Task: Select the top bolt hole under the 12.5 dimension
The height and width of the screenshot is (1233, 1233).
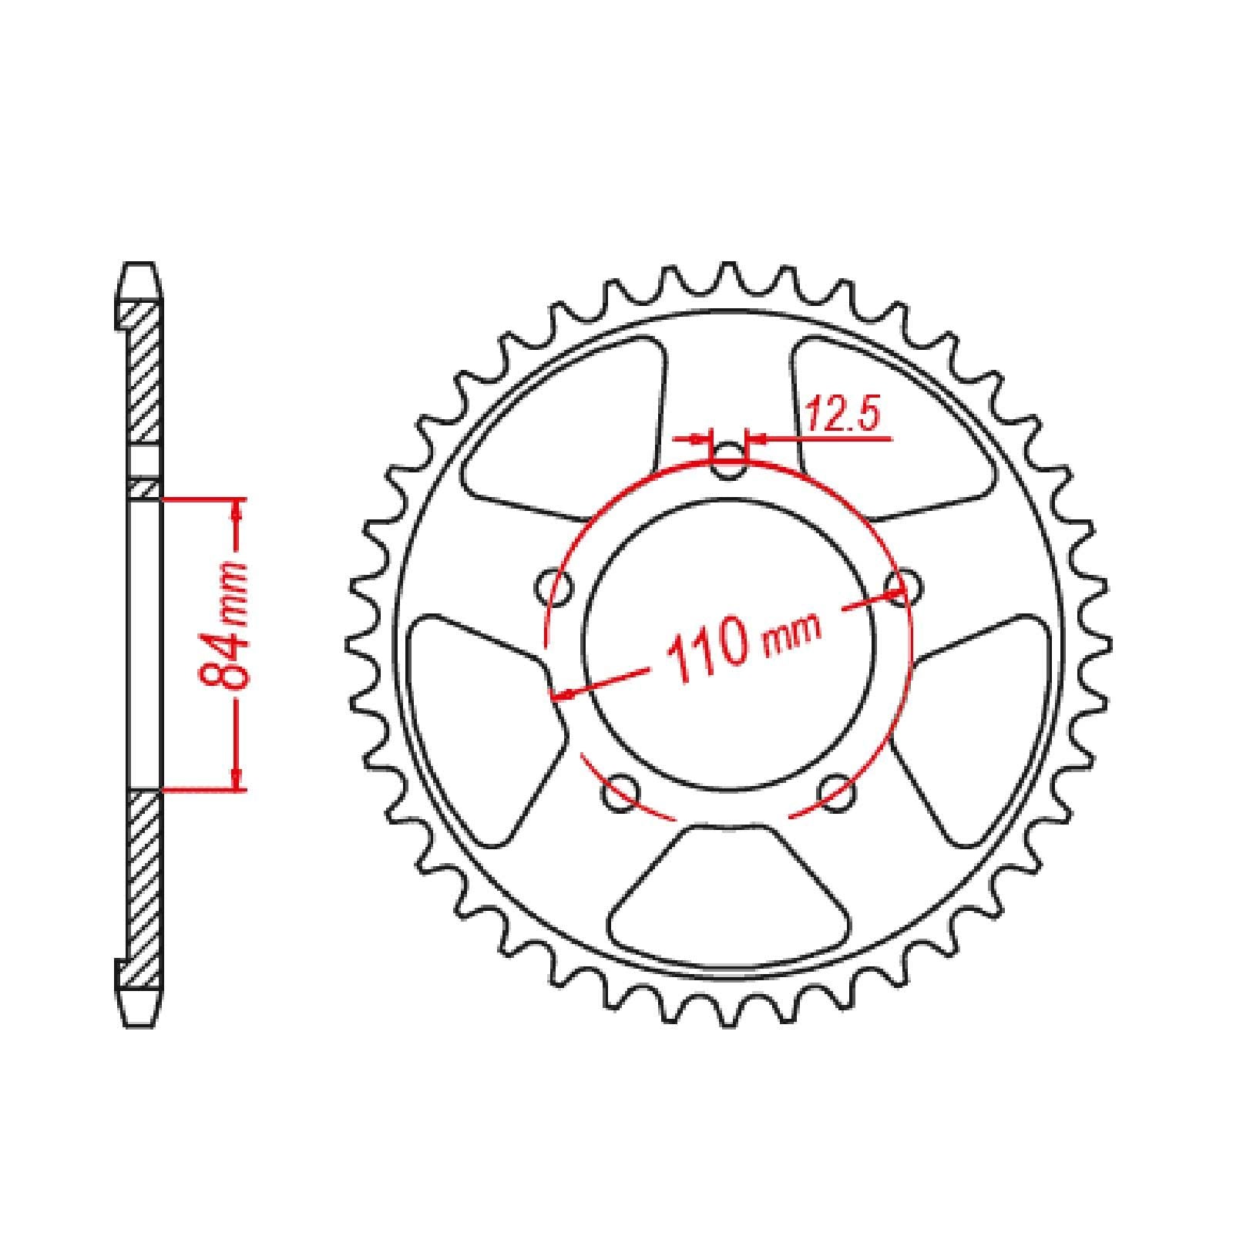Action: (x=727, y=463)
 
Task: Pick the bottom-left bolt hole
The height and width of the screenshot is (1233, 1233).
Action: (x=621, y=793)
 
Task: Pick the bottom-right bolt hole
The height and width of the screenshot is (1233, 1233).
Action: (x=837, y=793)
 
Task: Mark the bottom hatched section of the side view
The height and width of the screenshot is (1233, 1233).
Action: (x=144, y=886)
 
